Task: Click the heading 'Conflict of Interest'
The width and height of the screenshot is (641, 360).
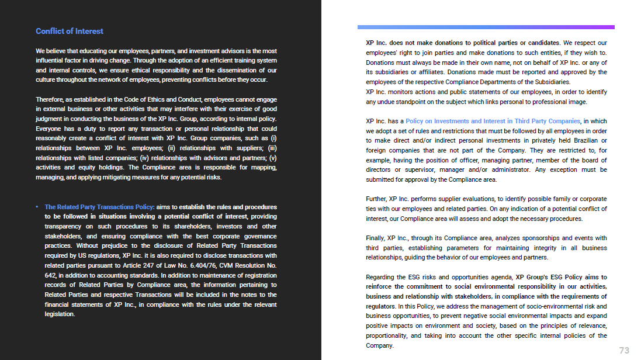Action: [x=70, y=31]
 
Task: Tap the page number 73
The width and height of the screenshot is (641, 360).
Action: [x=624, y=350]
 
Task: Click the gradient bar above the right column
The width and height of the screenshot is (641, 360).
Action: [x=486, y=27]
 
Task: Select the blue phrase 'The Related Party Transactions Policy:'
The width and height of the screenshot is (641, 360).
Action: [x=99, y=207]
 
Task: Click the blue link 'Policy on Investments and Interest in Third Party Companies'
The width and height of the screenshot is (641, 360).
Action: [x=493, y=121]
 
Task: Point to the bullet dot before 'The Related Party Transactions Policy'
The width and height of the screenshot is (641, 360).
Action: [x=37, y=207]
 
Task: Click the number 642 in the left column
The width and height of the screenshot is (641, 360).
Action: [x=51, y=275]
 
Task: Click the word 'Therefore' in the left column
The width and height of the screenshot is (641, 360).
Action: [x=50, y=99]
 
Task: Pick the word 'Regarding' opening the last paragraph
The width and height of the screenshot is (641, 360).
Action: [x=380, y=277]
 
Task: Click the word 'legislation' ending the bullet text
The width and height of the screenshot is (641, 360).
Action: [x=60, y=314]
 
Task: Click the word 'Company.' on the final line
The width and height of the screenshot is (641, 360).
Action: [x=380, y=345]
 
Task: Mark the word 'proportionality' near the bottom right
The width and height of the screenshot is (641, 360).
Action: [x=386, y=335]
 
